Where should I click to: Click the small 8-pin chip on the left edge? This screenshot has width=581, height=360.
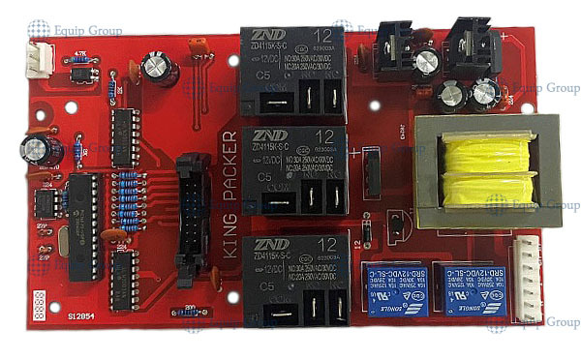tap(44, 202)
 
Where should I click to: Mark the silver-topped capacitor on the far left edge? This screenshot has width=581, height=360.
tap(39, 148)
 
